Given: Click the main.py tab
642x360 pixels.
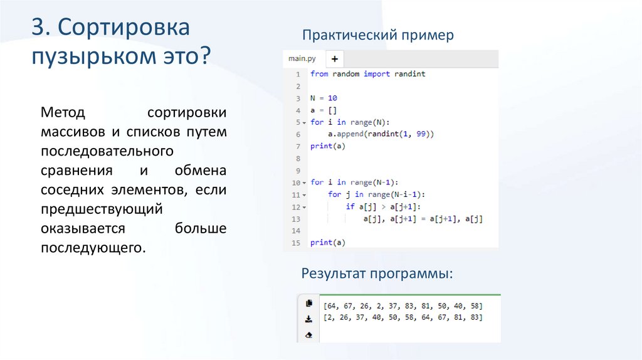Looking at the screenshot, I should [x=302, y=59].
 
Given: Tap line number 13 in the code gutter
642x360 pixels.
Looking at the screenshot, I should [x=297, y=219].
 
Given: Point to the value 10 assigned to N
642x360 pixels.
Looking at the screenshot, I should [x=332, y=98].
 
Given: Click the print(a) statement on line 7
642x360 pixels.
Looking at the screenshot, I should [x=327, y=146].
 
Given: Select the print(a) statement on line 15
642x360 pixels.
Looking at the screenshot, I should [x=327, y=243].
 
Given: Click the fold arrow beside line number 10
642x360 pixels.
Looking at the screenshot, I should [x=304, y=183].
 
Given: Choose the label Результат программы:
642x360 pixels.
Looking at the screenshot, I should [x=376, y=274].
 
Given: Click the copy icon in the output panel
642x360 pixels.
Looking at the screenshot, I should [x=308, y=304].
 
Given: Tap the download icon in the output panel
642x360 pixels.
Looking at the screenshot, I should [x=308, y=319].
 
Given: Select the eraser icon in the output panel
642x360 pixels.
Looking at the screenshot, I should [x=308, y=335].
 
